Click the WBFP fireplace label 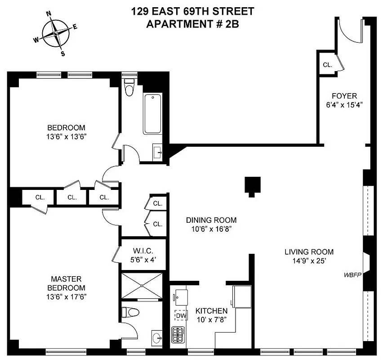tap(352, 274)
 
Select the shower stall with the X tap(143, 285)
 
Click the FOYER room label tap(344, 96)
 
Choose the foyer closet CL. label tap(327, 65)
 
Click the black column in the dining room tap(252, 185)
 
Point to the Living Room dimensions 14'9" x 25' tap(309, 261)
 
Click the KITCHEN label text tap(211, 311)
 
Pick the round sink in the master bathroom tap(156, 337)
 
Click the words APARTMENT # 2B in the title tap(192, 24)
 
